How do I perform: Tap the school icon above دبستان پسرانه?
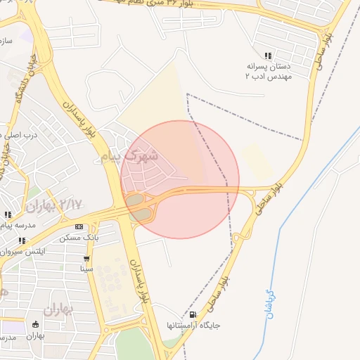point(268,56)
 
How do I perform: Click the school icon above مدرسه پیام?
point(8,214)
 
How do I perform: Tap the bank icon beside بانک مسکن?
point(78,226)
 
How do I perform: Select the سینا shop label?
point(86,269)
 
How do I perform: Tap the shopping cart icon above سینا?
point(86,259)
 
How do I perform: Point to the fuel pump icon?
point(193,315)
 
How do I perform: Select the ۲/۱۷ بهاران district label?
point(53,205)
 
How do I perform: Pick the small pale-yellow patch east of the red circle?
point(257,162)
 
